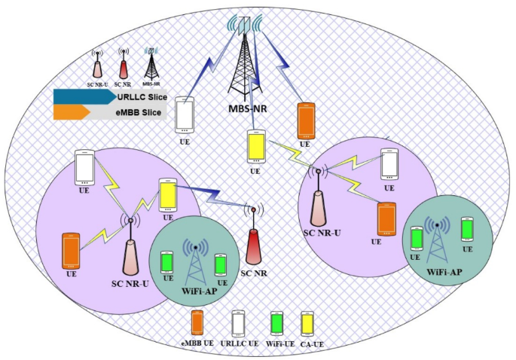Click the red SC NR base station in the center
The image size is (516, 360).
(253, 233)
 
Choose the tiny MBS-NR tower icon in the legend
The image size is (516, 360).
(152, 62)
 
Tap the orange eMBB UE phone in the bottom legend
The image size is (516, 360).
(197, 323)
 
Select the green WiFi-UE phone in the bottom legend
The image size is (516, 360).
(275, 323)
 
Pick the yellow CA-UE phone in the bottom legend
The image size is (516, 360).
(307, 323)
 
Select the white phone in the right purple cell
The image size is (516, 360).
(389, 163)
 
